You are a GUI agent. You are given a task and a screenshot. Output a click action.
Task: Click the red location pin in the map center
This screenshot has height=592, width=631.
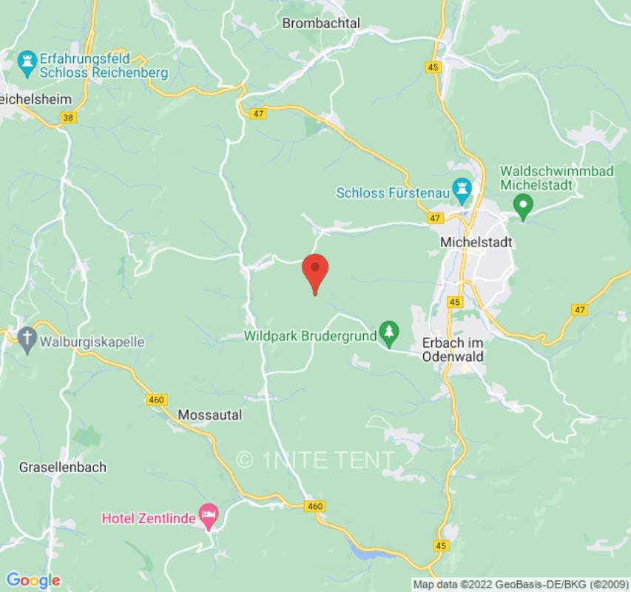pos(316,271)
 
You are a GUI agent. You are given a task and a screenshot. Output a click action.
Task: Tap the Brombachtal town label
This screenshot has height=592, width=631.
pos(321,24)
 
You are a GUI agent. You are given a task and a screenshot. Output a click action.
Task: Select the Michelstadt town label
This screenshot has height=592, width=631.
pos(476,242)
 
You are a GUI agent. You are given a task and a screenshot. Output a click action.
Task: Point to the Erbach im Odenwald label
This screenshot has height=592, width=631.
pos(452,349)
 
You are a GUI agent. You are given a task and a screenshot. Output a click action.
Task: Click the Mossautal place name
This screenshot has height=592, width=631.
pos(209,415)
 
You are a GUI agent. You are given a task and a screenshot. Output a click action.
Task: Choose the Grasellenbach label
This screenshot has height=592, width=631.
pos(62,467)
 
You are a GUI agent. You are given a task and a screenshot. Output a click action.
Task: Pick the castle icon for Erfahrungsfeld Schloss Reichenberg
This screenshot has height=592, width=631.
pos(28,64)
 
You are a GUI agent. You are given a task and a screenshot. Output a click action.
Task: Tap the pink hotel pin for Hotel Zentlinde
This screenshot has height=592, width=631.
pos(209,516)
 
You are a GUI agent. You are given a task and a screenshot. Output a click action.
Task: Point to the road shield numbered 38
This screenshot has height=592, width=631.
pos(69,117)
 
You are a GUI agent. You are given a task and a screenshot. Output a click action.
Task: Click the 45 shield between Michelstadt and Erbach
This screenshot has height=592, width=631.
pos(455,302)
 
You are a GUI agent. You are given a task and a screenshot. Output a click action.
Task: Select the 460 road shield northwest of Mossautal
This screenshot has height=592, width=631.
pos(156,400)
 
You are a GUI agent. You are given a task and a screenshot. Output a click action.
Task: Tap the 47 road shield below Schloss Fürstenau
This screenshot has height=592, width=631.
pos(434,218)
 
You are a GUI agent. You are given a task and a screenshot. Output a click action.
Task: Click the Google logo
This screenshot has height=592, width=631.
pos(33,580)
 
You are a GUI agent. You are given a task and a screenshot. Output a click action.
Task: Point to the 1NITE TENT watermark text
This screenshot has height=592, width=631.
pos(315,460)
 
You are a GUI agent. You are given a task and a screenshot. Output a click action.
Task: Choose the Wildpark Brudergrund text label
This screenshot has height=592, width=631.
pos(310,336)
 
